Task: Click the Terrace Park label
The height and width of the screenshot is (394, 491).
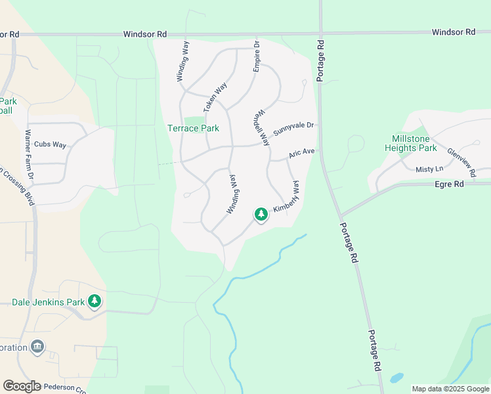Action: [192, 128]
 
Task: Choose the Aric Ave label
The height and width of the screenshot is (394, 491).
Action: [303, 153]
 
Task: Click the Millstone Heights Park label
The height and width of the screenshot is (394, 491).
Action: [419, 143]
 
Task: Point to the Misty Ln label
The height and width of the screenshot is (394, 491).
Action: [429, 169]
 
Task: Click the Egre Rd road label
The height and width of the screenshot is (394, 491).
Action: [449, 185]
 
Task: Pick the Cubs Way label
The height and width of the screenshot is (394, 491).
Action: [51, 144]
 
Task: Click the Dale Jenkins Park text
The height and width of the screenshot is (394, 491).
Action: [49, 303]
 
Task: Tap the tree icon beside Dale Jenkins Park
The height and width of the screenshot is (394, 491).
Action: [95, 301]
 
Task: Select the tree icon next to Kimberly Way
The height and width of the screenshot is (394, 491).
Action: [261, 214]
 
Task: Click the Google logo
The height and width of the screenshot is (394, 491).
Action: [22, 386]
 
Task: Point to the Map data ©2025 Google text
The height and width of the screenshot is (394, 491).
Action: [450, 389]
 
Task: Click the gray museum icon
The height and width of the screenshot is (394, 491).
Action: [37, 347]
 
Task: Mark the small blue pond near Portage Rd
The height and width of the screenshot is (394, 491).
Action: [396, 378]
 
